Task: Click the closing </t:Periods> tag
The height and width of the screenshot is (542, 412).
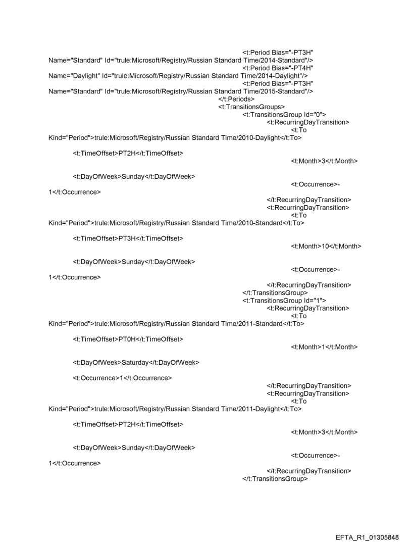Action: (236, 99)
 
